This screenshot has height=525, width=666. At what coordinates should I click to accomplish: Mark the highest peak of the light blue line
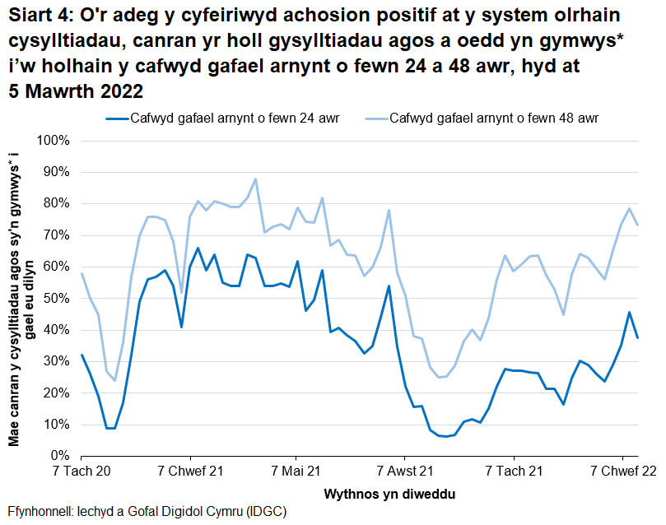pyautogui.click(x=256, y=179)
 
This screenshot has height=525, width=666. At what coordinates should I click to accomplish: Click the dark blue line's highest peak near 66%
pyautogui.click(x=198, y=248)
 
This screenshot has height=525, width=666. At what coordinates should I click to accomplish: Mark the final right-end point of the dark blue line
pyautogui.click(x=638, y=337)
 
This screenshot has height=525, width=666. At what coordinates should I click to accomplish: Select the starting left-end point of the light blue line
pyautogui.click(x=82, y=273)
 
